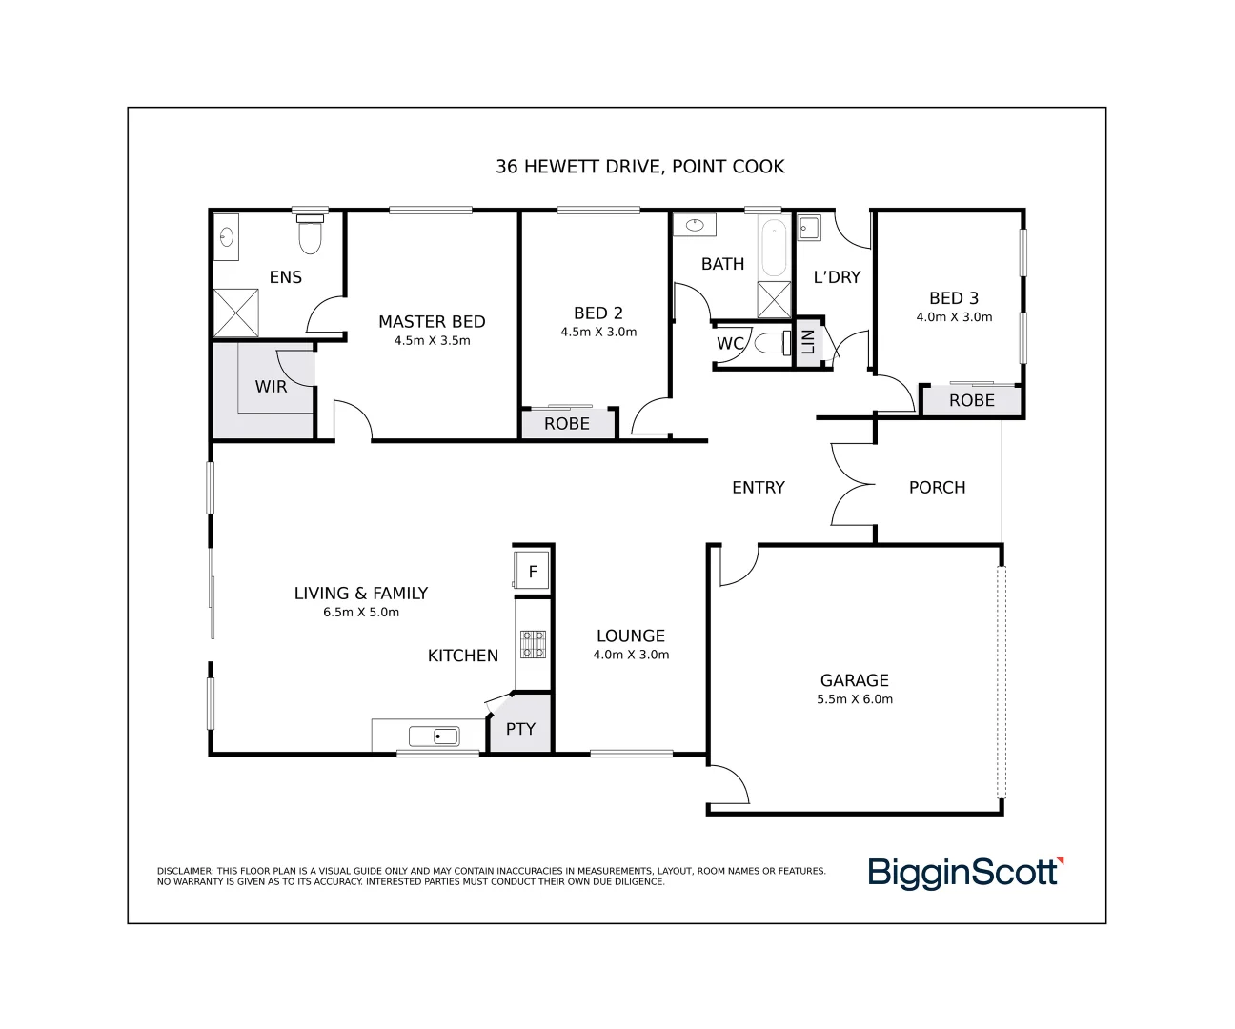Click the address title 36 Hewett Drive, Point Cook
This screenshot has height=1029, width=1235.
pyautogui.click(x=639, y=167)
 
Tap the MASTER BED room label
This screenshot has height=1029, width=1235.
pyautogui.click(x=432, y=322)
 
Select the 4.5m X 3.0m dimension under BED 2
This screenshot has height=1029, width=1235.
pyautogui.click(x=598, y=333)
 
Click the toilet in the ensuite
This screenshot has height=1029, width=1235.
pyautogui.click(x=311, y=235)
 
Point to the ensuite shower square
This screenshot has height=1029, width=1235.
pyautogui.click(x=235, y=313)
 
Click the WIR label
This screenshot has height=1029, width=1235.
pyautogui.click(x=271, y=387)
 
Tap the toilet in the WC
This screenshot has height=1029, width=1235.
pyautogui.click(x=773, y=343)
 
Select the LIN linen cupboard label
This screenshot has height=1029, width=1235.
pyautogui.click(x=808, y=341)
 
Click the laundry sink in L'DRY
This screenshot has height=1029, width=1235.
pyautogui.click(x=808, y=228)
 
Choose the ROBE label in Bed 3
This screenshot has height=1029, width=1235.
pyautogui.click(x=971, y=401)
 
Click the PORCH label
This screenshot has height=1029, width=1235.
pyautogui.click(x=937, y=488)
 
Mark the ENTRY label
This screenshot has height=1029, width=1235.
pyautogui.click(x=758, y=488)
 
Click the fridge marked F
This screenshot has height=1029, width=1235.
pyautogui.click(x=533, y=572)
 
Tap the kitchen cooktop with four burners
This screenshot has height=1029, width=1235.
pyautogui.click(x=533, y=645)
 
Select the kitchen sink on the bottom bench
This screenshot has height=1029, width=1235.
pyautogui.click(x=434, y=736)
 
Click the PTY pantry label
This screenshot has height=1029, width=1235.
pyautogui.click(x=520, y=729)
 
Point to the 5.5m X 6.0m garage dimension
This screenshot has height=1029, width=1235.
pyautogui.click(x=855, y=699)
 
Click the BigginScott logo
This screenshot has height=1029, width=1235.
pyautogui.click(x=964, y=873)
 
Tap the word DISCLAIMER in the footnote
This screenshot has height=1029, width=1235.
pyautogui.click(x=185, y=871)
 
